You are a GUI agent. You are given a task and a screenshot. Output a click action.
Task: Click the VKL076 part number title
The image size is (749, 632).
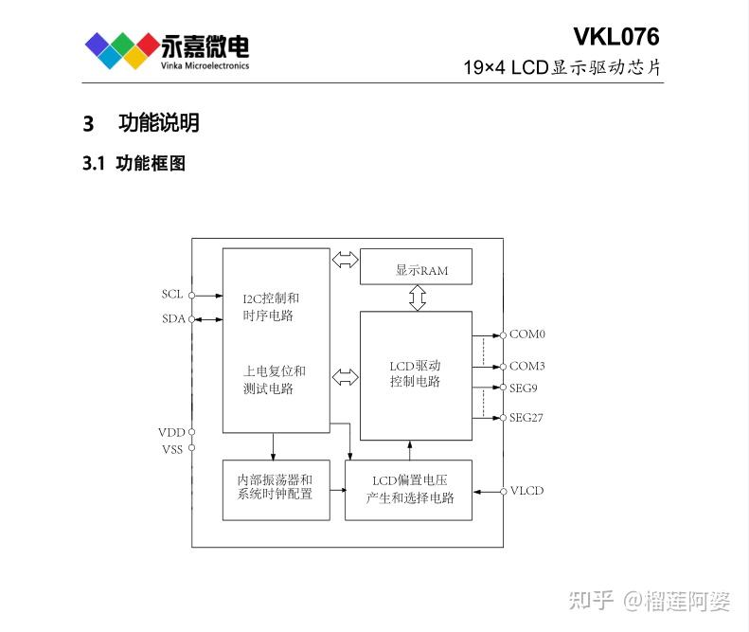pyautogui.click(x=615, y=37)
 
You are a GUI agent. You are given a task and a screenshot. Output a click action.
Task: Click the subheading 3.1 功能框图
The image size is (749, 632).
pyautogui.click(x=134, y=164)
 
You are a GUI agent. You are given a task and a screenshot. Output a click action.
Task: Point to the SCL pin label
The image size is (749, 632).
pyautogui.click(x=171, y=295)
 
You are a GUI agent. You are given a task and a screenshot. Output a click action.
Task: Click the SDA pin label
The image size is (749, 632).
pyautogui.click(x=172, y=318)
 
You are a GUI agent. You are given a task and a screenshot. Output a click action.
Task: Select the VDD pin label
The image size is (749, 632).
pyautogui.click(x=171, y=432)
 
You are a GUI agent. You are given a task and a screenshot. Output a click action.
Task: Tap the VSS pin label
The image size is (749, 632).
pyautogui.click(x=171, y=449)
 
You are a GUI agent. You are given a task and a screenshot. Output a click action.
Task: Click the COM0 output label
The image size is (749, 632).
pyautogui.click(x=527, y=334)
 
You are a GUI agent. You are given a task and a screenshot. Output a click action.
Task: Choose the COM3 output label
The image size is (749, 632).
pyautogui.click(x=527, y=366)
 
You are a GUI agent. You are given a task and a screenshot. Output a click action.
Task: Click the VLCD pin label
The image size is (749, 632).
pyautogui.click(x=526, y=491)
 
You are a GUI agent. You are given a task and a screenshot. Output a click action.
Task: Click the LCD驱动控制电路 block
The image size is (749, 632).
pyautogui.click(x=416, y=374)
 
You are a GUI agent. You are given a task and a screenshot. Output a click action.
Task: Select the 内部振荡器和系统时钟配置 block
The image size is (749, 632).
pyautogui.click(x=276, y=489)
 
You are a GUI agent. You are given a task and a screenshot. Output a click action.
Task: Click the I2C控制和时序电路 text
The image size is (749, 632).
pyautogui.click(x=271, y=307)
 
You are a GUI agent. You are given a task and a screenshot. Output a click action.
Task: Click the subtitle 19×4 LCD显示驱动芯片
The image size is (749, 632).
pyautogui.click(x=562, y=68)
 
